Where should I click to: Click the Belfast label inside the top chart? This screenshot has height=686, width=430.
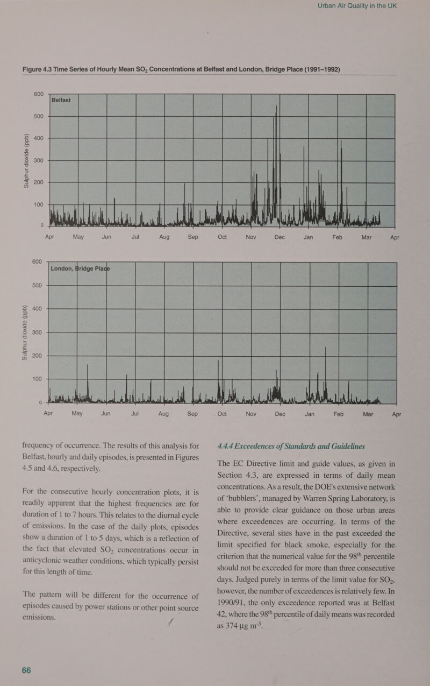tap(65, 100)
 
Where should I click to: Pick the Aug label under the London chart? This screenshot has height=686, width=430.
tap(163, 414)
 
